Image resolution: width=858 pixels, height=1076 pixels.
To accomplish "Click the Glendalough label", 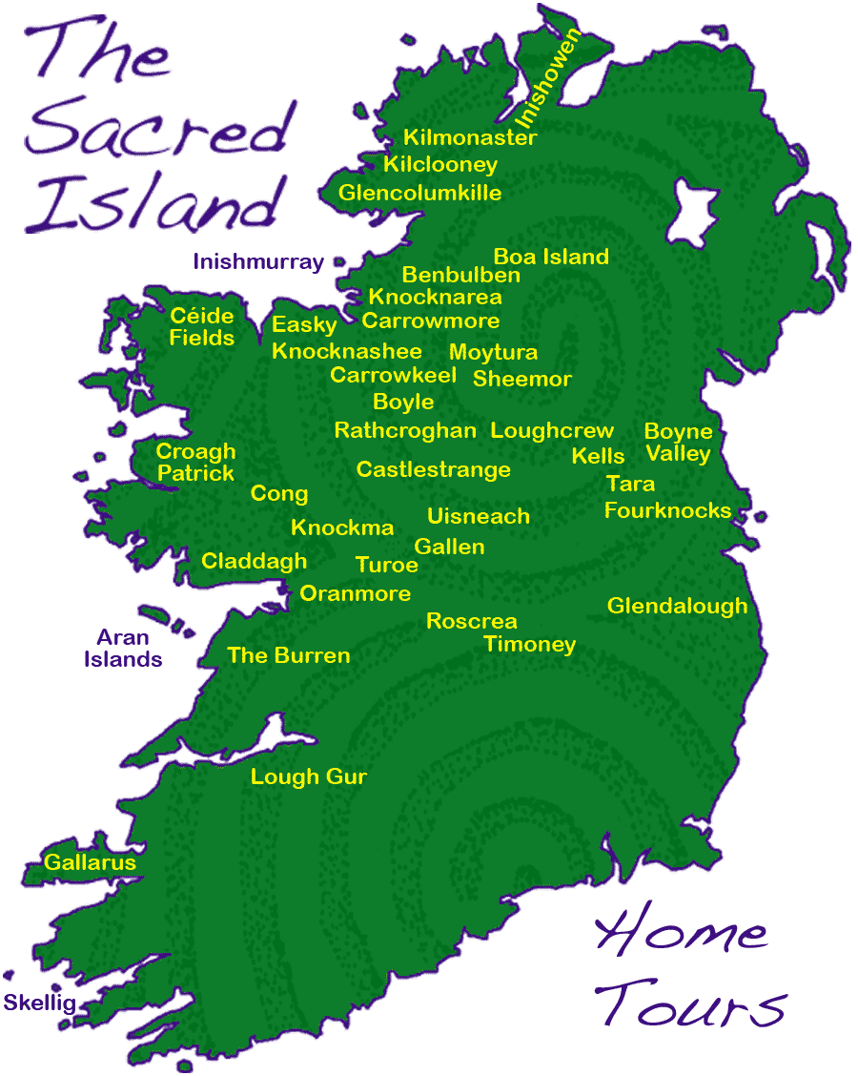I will pyautogui.click(x=677, y=606).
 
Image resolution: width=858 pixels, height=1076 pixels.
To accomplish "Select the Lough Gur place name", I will pyautogui.click(x=308, y=776).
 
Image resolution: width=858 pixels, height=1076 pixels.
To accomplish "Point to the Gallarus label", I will pyautogui.click(x=91, y=862).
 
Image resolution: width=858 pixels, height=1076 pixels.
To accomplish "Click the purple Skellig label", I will pyautogui.click(x=39, y=1003).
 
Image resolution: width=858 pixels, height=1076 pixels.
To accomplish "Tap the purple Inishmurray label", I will pyautogui.click(x=258, y=261).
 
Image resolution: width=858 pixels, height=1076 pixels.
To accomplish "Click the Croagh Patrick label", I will pyautogui.click(x=195, y=462).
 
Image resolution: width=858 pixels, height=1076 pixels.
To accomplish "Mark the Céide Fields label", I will pyautogui.click(x=201, y=326).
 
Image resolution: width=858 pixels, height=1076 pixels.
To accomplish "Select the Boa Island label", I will pyautogui.click(x=551, y=257).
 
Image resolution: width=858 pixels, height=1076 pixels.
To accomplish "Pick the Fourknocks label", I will pyautogui.click(x=667, y=510).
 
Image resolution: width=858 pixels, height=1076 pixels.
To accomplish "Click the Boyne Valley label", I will pyautogui.click(x=678, y=443).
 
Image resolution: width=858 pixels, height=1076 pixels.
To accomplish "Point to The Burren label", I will pyautogui.click(x=289, y=655).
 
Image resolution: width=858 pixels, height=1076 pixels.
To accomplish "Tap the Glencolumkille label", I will pyautogui.click(x=419, y=193).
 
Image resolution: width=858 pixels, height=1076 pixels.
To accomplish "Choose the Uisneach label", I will pyautogui.click(x=478, y=516).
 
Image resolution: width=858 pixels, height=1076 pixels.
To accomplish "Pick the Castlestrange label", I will pyautogui.click(x=433, y=469).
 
